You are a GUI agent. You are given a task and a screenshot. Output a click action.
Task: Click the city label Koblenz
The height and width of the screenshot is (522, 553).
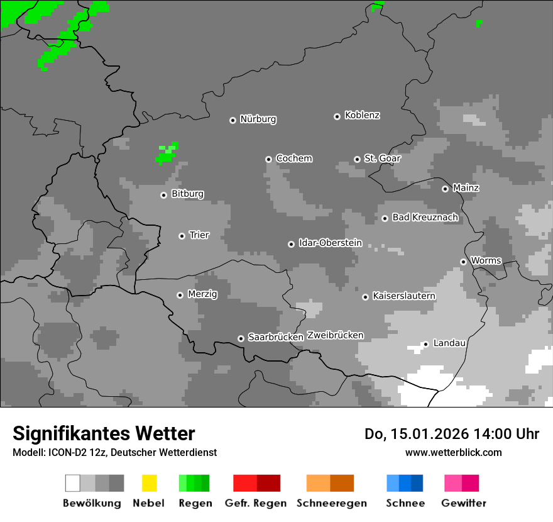[x=362, y=115]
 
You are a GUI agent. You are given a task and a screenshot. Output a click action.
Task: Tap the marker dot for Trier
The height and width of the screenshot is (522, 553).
[x=182, y=236]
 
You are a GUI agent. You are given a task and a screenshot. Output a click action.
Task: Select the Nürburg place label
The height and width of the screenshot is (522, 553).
[x=258, y=119]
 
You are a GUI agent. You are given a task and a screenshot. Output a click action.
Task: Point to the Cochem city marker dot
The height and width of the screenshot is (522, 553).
[x=268, y=159]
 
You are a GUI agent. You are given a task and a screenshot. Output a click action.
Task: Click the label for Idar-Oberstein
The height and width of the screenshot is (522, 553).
[x=330, y=243]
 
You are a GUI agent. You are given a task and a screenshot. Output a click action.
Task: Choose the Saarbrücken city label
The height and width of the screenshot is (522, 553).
[x=275, y=337]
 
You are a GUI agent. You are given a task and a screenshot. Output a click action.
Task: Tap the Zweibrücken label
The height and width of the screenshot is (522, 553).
[x=335, y=335]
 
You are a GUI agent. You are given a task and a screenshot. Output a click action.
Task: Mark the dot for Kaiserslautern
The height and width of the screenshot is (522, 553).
[x=365, y=297]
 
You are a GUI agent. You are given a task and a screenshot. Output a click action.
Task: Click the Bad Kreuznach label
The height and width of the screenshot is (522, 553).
[x=425, y=217]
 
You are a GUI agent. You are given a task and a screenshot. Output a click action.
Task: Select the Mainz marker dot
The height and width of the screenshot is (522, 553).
[x=445, y=189]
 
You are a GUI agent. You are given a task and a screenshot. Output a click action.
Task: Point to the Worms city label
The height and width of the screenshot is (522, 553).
[x=486, y=260]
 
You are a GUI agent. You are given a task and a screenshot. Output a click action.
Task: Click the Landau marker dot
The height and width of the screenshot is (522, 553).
[x=425, y=344]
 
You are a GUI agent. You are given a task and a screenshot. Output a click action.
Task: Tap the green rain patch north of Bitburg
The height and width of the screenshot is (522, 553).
[x=167, y=154]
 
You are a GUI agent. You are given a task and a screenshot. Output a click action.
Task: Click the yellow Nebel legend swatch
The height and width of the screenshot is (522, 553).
[x=149, y=483]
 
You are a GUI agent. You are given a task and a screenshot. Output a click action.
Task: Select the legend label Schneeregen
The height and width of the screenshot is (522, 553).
[x=331, y=503]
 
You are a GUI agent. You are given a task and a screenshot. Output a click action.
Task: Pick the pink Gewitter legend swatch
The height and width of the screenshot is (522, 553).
[x=461, y=483]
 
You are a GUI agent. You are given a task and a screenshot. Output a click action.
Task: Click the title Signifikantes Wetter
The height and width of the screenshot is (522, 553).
[x=104, y=433]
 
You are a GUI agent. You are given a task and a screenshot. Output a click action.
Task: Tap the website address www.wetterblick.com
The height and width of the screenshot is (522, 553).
[x=453, y=452]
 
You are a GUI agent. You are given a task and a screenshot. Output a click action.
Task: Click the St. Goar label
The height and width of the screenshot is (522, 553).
[x=382, y=158]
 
